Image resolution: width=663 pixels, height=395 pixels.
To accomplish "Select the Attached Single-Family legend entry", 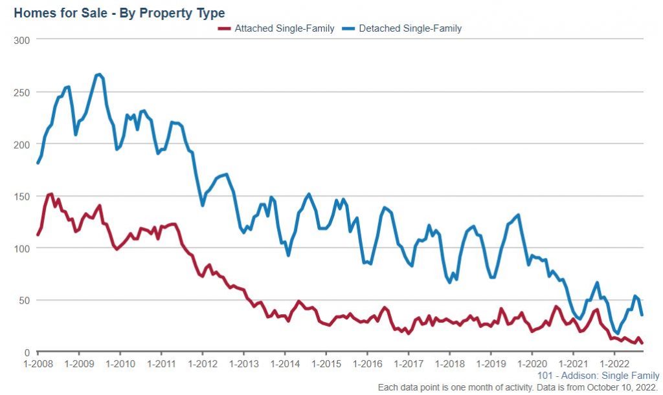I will pos(284,28).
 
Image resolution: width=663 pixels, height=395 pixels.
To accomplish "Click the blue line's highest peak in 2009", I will pos(98,74).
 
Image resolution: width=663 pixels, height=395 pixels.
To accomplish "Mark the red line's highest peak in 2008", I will pos(51,193).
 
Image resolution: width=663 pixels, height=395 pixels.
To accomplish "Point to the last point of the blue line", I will pos(642,315).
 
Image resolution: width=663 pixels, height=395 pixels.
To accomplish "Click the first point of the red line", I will pos(38,235).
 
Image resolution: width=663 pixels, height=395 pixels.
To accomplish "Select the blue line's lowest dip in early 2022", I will pos(618,334).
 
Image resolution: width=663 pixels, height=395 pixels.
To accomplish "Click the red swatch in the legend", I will pos(225,28).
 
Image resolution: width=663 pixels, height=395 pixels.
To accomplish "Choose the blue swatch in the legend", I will pos(348,28).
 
